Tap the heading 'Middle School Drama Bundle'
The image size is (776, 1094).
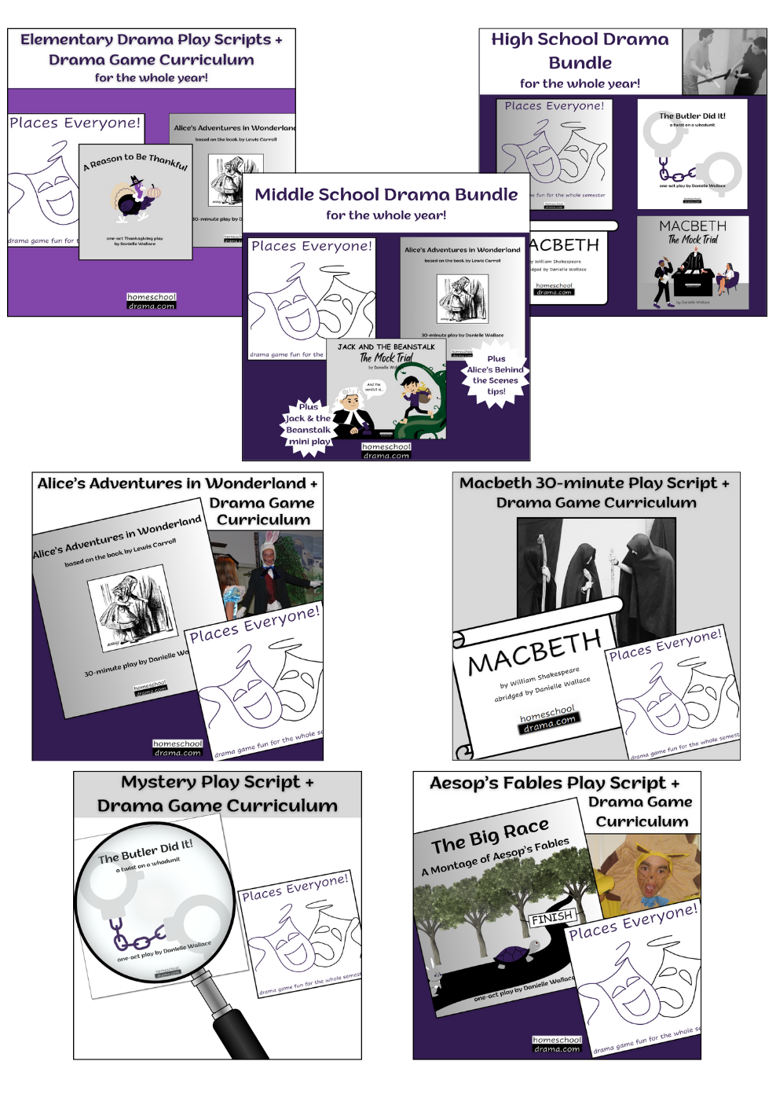click(x=386, y=195)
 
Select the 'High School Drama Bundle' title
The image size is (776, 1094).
click(x=580, y=50)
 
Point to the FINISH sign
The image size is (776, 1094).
click(x=552, y=917)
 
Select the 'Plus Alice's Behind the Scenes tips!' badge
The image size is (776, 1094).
click(x=496, y=375)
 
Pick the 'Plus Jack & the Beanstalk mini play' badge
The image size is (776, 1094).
click(x=308, y=424)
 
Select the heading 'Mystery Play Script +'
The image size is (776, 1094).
click(x=217, y=783)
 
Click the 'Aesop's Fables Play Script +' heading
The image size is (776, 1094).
click(x=555, y=784)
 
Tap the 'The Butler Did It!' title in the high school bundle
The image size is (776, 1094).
click(x=692, y=116)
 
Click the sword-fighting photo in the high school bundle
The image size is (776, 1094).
click(x=723, y=62)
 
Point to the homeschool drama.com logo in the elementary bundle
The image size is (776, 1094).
click(x=152, y=302)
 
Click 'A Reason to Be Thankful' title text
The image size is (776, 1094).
click(x=136, y=160)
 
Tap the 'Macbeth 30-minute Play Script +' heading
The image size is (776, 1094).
click(x=594, y=483)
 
